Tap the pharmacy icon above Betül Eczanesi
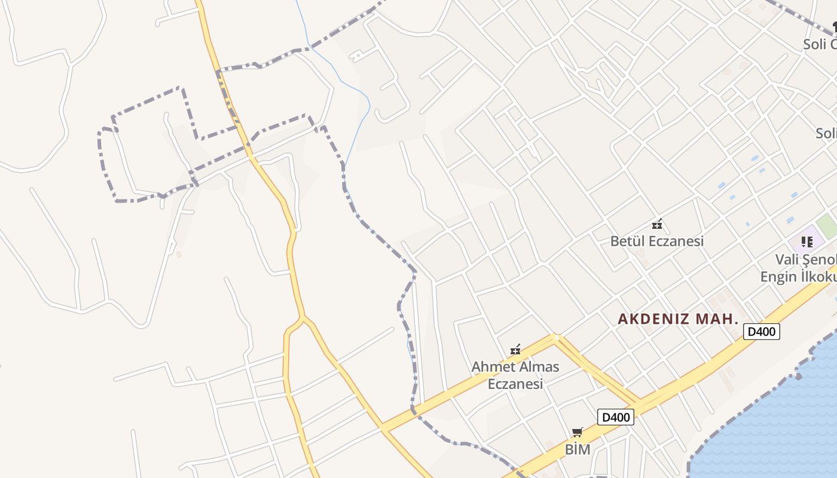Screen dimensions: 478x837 coord(657,225)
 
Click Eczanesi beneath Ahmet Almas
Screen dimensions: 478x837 coord(515,384)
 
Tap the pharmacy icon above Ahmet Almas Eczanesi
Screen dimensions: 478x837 coord(515,350)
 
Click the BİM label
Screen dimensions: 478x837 coord(578,450)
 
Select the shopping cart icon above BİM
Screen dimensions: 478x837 coord(577,432)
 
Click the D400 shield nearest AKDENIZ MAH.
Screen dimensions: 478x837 coord(762,332)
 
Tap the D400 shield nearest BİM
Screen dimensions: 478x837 coord(616,417)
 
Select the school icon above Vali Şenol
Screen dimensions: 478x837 coord(807,242)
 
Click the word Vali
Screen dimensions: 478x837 coord(788,260)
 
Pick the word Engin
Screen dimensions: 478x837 coord(777,277)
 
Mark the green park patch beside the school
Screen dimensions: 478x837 coord(827,225)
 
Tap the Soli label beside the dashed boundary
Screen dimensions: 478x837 coord(814,44)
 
